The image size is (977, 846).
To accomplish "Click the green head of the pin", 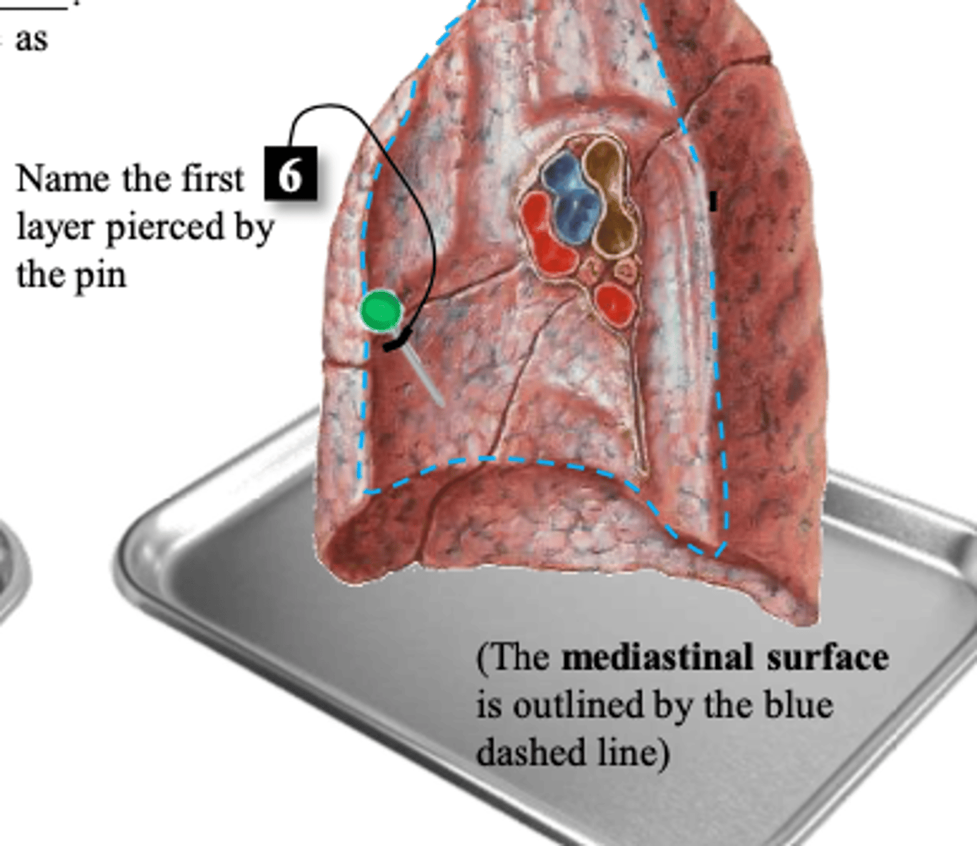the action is (380, 310).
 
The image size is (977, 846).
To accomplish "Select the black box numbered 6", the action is (290, 173).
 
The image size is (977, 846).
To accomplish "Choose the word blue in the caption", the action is (799, 705).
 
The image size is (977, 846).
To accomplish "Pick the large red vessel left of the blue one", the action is (546, 234).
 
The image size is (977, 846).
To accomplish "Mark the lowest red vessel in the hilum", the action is (614, 305).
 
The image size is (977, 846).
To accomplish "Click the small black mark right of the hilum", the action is (713, 201).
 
